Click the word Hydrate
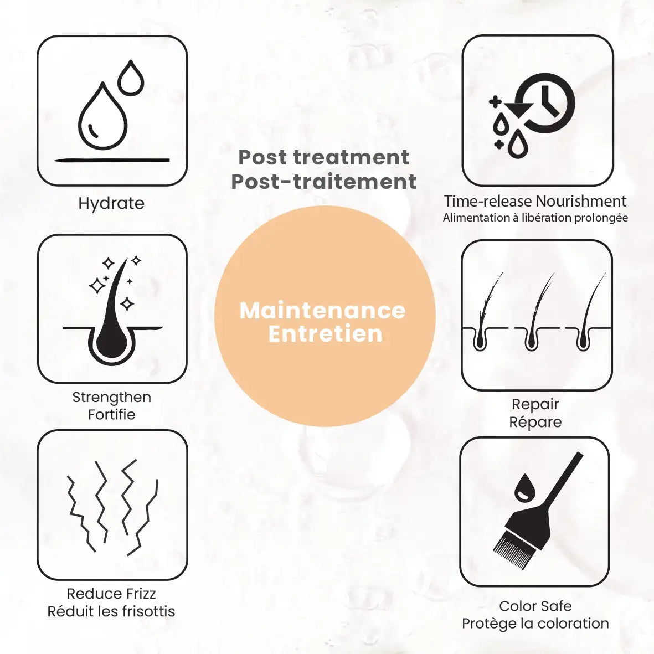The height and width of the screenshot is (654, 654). click(x=111, y=204)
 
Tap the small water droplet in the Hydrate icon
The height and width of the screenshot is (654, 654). click(x=131, y=78)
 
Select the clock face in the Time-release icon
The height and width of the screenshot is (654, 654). click(x=545, y=103)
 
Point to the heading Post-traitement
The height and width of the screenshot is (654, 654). click(x=323, y=182)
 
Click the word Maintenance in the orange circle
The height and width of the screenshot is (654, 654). click(x=322, y=310)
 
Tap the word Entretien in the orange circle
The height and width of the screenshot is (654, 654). click(x=325, y=334)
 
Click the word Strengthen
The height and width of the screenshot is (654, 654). click(x=112, y=398)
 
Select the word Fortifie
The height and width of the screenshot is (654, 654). click(x=112, y=415)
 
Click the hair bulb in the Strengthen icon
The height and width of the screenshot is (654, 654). click(x=112, y=342)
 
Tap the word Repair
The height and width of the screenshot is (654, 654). click(x=535, y=405)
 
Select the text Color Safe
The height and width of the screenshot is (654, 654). click(x=535, y=606)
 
